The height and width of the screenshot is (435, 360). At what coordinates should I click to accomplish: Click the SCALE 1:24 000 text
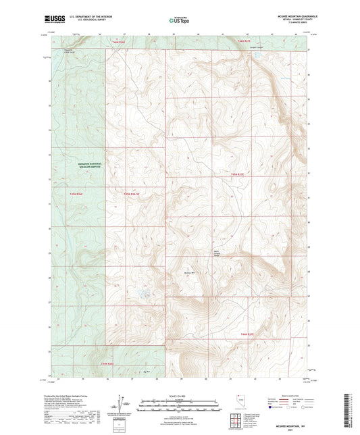tap(180, 396)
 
